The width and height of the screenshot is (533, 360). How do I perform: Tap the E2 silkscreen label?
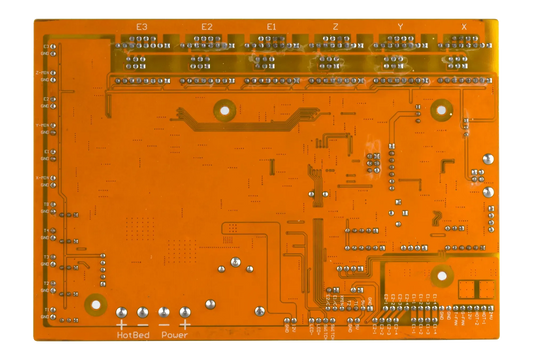click(206, 26)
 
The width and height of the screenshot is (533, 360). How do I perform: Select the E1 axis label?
click(271, 26)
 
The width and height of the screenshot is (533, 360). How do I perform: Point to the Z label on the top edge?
click(335, 26)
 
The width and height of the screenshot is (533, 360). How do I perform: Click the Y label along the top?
click(400, 26)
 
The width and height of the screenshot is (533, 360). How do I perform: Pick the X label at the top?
click(464, 26)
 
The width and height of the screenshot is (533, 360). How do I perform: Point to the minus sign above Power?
click(164, 325)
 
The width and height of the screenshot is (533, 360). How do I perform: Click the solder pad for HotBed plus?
click(123, 312)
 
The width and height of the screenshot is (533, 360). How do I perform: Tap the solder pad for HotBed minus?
click(143, 312)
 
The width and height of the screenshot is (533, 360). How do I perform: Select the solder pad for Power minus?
click(164, 312)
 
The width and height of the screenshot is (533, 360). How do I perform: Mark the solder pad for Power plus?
click(185, 312)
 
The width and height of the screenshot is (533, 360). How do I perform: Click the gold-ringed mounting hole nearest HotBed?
click(97, 304)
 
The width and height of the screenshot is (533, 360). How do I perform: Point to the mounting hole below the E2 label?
click(225, 112)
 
